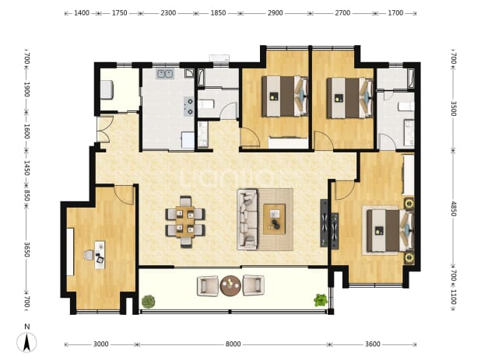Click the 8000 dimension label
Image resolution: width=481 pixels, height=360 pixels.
[x=233, y=344]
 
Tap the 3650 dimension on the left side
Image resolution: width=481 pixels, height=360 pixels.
[x=26, y=250]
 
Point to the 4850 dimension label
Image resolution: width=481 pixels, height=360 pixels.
[x=454, y=208]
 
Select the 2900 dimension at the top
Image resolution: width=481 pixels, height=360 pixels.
[x=275, y=13]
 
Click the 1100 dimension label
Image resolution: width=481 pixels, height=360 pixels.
[x=454, y=297]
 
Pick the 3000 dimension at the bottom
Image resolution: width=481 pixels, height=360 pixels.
[x=100, y=344]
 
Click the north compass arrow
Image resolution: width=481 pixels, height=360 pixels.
[x=27, y=342]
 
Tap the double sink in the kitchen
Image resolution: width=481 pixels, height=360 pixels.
[x=165, y=74]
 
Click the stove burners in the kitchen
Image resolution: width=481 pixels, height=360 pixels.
[x=188, y=107]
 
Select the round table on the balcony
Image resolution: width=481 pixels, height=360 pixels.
[x=230, y=285]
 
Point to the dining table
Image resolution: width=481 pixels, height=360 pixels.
[x=185, y=222]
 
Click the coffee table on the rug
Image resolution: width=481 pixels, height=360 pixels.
[x=274, y=218]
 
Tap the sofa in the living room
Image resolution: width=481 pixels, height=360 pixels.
[x=247, y=219]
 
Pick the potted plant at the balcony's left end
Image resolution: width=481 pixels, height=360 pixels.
[x=149, y=302]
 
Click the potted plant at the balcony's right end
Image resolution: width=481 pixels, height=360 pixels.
[x=321, y=300]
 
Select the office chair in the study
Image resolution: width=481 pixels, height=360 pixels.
[x=89, y=255]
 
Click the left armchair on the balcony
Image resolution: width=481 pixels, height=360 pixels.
[x=208, y=286]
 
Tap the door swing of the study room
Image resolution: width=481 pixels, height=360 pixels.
[x=125, y=195]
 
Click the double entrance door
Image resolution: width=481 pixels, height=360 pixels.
[x=103, y=130]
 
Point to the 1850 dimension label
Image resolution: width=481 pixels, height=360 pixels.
[x=218, y=13]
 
